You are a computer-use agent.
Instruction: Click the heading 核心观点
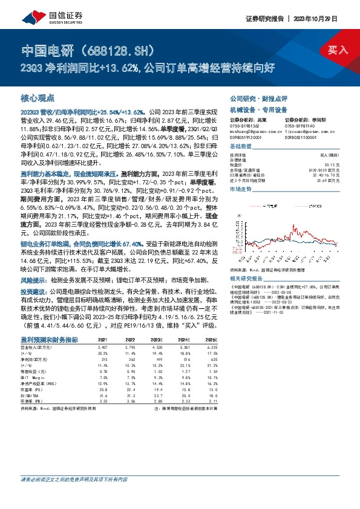click(x=38, y=97)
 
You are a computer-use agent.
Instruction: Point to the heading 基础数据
click(x=240, y=147)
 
